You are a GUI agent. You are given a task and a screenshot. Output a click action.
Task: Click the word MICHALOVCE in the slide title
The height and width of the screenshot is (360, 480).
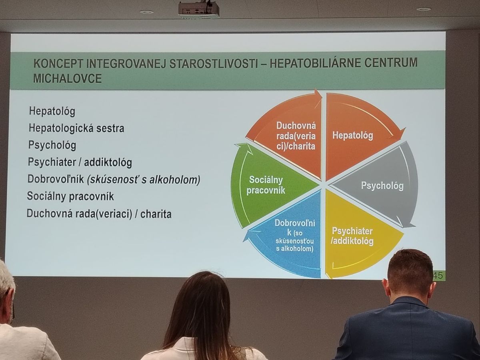67,78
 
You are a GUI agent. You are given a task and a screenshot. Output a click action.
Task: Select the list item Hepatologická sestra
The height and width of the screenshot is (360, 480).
76,128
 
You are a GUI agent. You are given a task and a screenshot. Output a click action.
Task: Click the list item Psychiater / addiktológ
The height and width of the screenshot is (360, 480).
80,162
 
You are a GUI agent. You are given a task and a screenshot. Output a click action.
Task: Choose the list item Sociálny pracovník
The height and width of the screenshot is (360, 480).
70,196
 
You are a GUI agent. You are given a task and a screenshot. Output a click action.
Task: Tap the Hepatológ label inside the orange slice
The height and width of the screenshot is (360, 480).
352,136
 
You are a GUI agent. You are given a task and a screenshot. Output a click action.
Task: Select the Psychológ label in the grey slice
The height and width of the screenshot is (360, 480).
382,186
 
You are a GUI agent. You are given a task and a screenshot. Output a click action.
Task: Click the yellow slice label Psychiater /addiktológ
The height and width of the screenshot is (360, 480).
352,236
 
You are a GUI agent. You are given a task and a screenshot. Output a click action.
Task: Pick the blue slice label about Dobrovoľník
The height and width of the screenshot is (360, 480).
294,236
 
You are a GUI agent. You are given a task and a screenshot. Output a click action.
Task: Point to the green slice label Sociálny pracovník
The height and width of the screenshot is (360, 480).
266,185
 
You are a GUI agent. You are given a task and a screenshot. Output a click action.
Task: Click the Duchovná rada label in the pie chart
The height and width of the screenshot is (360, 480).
296,136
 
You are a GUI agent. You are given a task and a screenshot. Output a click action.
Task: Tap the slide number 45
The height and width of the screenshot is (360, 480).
438,276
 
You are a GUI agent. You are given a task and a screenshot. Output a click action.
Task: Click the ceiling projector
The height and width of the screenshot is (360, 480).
199,10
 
